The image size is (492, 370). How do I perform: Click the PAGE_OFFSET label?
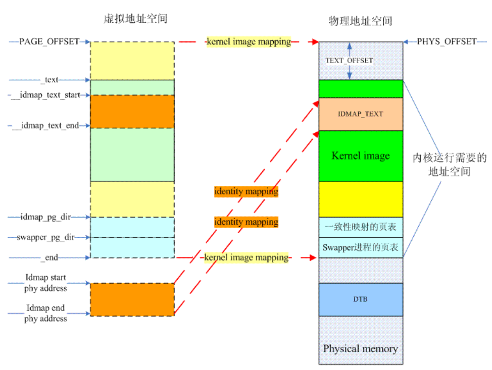click(x=49, y=41)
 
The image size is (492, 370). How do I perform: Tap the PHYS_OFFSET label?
click(x=447, y=41)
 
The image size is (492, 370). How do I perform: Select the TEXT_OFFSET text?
click(x=349, y=61)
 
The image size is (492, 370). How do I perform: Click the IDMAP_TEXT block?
click(x=360, y=114)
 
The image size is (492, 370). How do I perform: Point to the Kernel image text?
click(x=360, y=155)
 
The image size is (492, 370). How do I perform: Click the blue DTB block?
click(x=360, y=299)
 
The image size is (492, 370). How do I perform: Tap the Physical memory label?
click(x=360, y=349)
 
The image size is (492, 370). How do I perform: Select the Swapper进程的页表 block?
click(x=360, y=247)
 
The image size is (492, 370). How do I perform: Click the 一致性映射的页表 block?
click(x=360, y=227)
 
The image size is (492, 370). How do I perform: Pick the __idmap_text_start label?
click(x=46, y=95)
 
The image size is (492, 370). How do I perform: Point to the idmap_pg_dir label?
click(x=45, y=217)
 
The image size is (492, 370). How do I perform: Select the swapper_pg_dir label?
click(x=45, y=237)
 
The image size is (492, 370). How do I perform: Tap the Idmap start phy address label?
click(x=45, y=283)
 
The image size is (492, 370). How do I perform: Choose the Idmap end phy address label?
click(x=45, y=313)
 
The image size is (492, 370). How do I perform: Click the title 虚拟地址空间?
click(x=132, y=19)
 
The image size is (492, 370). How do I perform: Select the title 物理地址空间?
click(x=360, y=21)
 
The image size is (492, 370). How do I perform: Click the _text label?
click(x=50, y=79)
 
